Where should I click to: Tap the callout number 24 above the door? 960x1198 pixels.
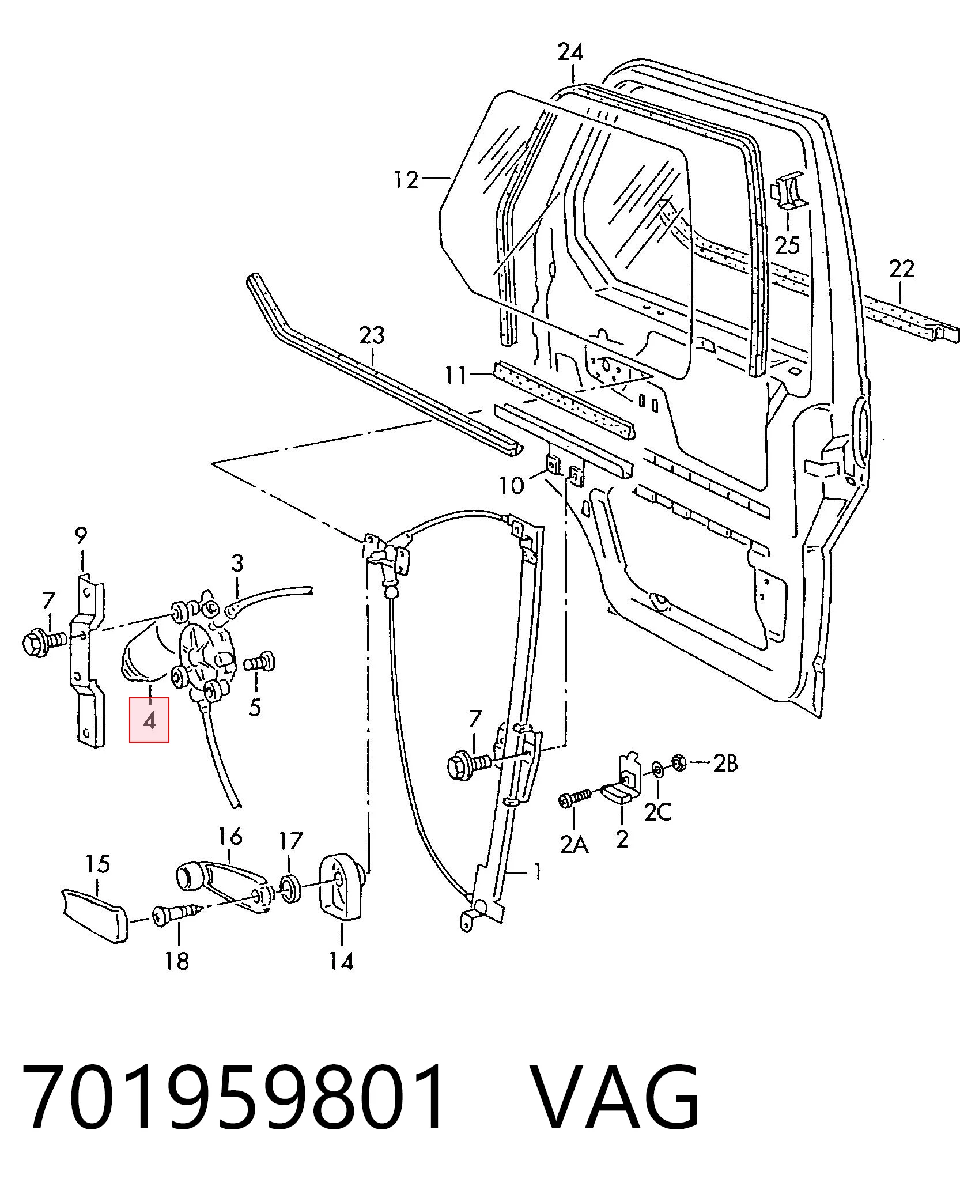click(x=570, y=52)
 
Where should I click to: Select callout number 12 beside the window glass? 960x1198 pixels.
click(x=406, y=180)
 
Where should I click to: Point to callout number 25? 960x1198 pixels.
click(x=787, y=245)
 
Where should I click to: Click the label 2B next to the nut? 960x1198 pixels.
click(x=725, y=764)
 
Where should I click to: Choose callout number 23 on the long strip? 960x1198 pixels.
click(x=372, y=335)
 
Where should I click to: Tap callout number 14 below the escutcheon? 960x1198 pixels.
click(x=341, y=961)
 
